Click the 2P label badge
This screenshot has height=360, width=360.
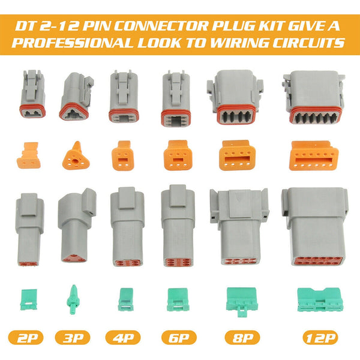28,337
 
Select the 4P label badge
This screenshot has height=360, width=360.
123,337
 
